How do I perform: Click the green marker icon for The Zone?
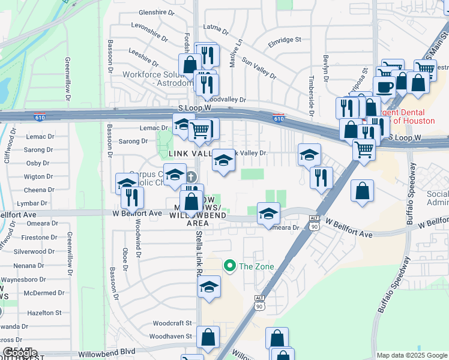(x=229, y=265)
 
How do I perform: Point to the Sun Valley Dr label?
(x=259, y=68)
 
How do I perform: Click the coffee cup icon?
(x=384, y=86)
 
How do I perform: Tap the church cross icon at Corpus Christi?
(x=191, y=177)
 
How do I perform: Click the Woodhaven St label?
(x=170, y=337)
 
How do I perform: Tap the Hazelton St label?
(x=44, y=313)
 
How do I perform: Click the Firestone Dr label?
(x=39, y=238)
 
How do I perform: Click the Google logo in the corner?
(x=20, y=352)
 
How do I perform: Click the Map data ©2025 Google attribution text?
(x=411, y=355)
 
